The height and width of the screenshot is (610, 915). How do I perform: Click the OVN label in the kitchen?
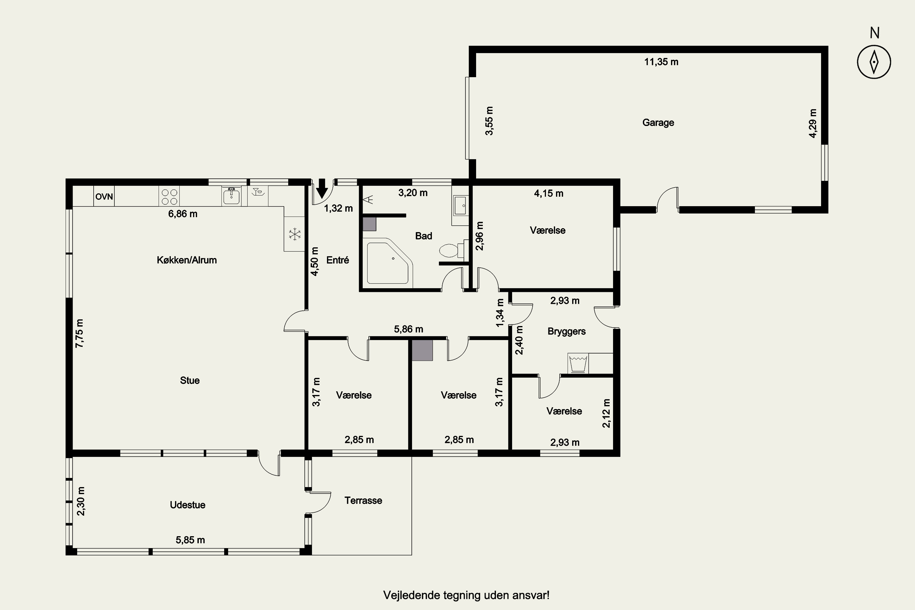(x=104, y=196)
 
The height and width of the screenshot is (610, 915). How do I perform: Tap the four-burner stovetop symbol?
(x=169, y=196)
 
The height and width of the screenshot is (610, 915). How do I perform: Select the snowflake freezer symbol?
(x=295, y=234)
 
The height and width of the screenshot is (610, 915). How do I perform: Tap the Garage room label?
(x=658, y=123)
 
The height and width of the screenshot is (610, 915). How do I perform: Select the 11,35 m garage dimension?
(x=661, y=62)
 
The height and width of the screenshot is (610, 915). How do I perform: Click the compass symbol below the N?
(x=874, y=62)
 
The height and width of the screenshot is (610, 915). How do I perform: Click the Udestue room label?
(x=188, y=505)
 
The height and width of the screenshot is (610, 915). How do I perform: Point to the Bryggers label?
(x=566, y=332)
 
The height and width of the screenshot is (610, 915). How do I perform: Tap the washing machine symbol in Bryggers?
(x=578, y=363)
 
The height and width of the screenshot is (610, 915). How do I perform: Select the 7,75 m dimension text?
(x=79, y=333)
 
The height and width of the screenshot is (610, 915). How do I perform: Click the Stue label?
(x=190, y=380)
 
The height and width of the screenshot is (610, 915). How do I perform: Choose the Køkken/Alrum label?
(x=187, y=260)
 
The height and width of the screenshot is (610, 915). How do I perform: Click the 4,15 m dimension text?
(x=548, y=193)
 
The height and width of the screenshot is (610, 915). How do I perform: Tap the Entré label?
(x=338, y=260)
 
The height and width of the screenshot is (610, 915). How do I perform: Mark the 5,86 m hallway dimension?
(x=408, y=329)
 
